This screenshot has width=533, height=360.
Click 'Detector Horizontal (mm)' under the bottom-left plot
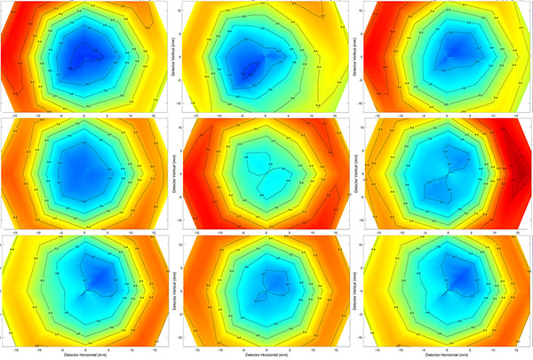pyautogui.click(x=84, y=355)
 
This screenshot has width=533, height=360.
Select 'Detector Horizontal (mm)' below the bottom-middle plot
pyautogui.click(x=266, y=355)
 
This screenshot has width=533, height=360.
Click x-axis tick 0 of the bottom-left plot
pyautogui.click(x=84, y=348)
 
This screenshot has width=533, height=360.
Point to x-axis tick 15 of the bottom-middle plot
pyautogui.click(x=334, y=348)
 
